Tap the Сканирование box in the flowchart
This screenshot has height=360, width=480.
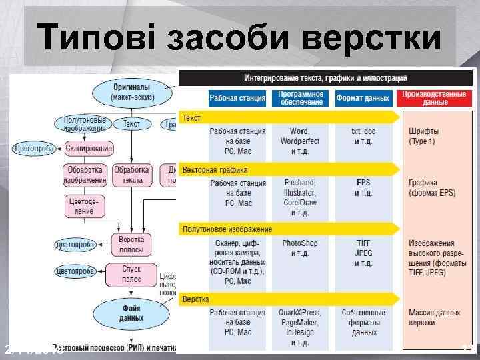[x=89, y=148]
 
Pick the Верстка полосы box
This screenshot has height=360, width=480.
[x=131, y=245]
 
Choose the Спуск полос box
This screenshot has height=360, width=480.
[x=131, y=273]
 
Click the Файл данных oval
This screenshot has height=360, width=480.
[x=131, y=313]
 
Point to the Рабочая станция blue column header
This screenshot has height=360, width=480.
[x=237, y=99]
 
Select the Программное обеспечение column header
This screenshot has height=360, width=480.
[x=301, y=99]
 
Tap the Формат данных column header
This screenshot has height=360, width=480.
[x=363, y=99]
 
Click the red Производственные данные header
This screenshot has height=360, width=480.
[x=434, y=99]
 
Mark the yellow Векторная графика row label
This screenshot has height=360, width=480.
[x=215, y=170]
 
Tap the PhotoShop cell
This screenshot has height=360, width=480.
[x=300, y=248]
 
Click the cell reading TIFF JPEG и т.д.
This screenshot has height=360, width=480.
[x=363, y=253]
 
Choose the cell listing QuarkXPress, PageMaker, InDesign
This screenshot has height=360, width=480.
[x=300, y=327]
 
